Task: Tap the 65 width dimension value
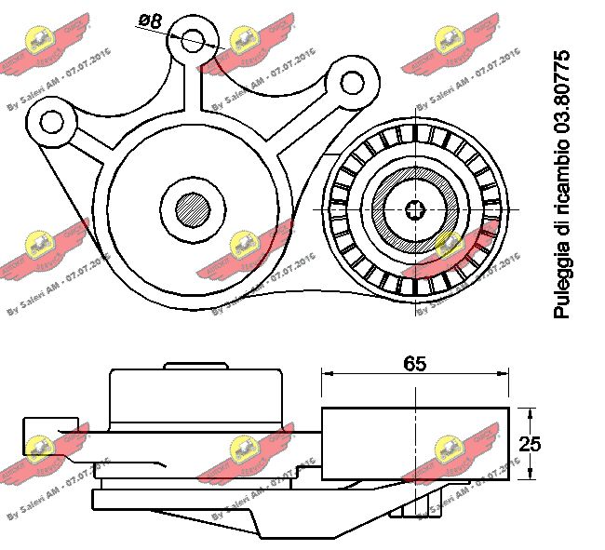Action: pyautogui.click(x=415, y=364)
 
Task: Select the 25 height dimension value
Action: pyautogui.click(x=531, y=444)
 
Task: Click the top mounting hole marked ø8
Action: pyautogui.click(x=194, y=40)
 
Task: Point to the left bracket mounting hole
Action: pyautogui.click(x=50, y=121)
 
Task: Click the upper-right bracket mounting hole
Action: pyautogui.click(x=352, y=83)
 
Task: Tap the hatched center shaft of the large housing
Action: pyautogui.click(x=194, y=207)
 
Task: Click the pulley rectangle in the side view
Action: pyautogui.click(x=415, y=444)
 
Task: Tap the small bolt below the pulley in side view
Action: pyautogui.click(x=414, y=503)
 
